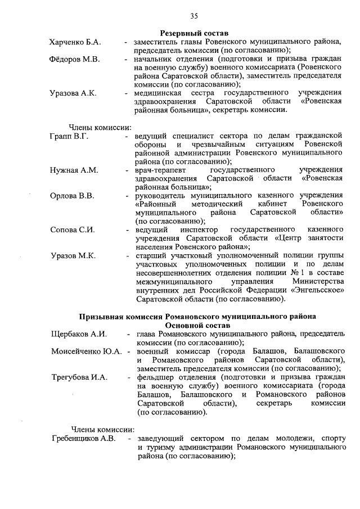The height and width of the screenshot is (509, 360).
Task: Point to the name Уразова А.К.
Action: pyautogui.click(x=73, y=93)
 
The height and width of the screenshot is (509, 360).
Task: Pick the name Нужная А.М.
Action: pyautogui.click(x=74, y=169)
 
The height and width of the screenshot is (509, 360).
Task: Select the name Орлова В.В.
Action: pyautogui.click(x=72, y=196)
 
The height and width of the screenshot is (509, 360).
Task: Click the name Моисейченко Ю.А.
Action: pyautogui.click(x=86, y=352)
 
